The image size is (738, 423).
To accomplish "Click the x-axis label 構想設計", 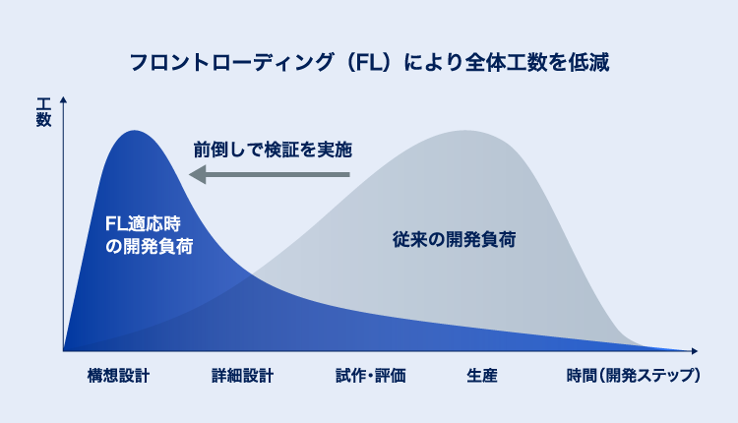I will click(x=118, y=376).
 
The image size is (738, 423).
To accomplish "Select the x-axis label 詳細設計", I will click(x=242, y=376).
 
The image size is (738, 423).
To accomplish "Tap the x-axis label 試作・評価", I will click(x=370, y=376).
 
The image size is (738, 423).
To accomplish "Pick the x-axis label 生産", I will click(x=482, y=376).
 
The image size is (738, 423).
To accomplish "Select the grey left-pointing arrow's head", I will click(x=197, y=175).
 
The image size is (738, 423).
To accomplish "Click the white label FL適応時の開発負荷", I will click(x=148, y=234).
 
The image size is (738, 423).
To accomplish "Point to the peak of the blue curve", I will click(x=136, y=130).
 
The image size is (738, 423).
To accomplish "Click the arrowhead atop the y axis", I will click(x=63, y=99).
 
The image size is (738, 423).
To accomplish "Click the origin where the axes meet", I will click(x=63, y=350).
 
